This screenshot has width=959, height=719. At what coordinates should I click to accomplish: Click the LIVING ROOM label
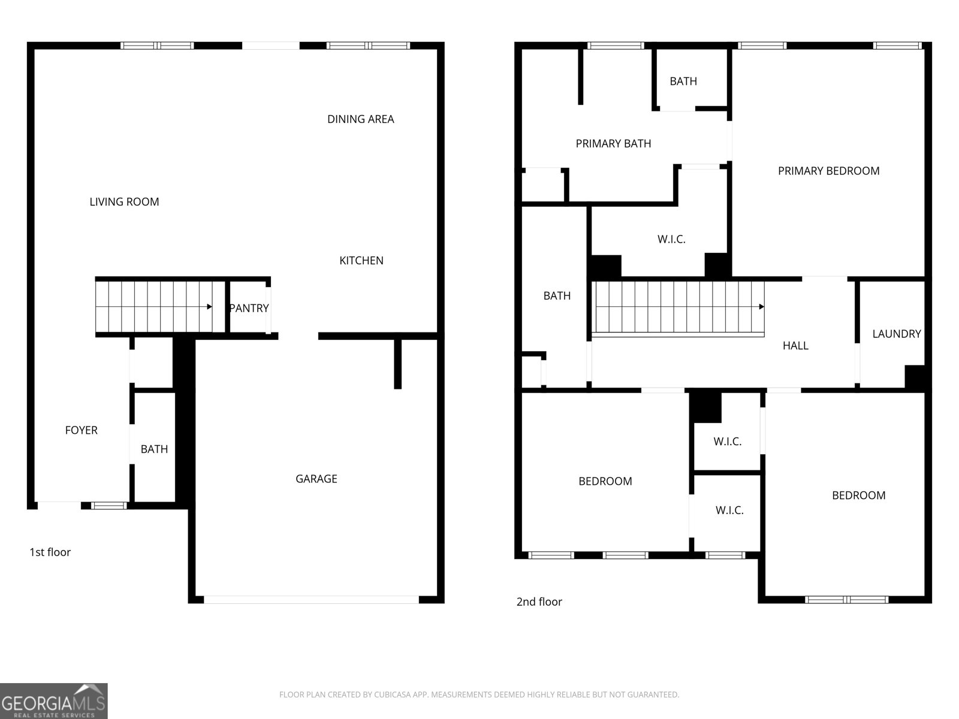[124, 202]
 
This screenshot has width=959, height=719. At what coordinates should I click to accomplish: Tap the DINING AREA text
[360, 119]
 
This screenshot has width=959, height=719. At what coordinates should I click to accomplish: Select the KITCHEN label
[361, 261]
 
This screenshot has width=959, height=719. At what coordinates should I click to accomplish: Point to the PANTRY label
[249, 308]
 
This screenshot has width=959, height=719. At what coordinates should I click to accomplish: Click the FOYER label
[81, 430]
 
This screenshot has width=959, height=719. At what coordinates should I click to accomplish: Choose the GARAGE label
[316, 479]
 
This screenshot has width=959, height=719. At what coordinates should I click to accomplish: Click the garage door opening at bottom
[311, 599]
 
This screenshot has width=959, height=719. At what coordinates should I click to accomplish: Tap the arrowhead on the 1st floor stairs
[209, 307]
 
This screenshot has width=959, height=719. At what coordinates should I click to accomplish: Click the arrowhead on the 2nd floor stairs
[761, 307]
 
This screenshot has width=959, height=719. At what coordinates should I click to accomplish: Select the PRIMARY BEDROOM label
[828, 171]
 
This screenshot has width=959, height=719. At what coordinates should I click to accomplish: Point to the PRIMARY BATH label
[613, 144]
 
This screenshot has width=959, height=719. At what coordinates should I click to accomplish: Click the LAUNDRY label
[896, 334]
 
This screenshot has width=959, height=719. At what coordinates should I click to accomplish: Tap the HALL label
[795, 346]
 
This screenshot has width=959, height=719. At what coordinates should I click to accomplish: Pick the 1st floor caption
[50, 552]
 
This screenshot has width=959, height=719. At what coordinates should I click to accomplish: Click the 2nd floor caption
[539, 602]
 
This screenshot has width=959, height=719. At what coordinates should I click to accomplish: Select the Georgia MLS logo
[53, 700]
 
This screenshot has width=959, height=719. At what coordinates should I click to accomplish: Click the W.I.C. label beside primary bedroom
[671, 240]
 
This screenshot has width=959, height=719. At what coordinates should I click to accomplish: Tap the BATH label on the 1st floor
[154, 449]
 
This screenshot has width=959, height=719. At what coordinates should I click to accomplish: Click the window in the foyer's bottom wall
[109, 506]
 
